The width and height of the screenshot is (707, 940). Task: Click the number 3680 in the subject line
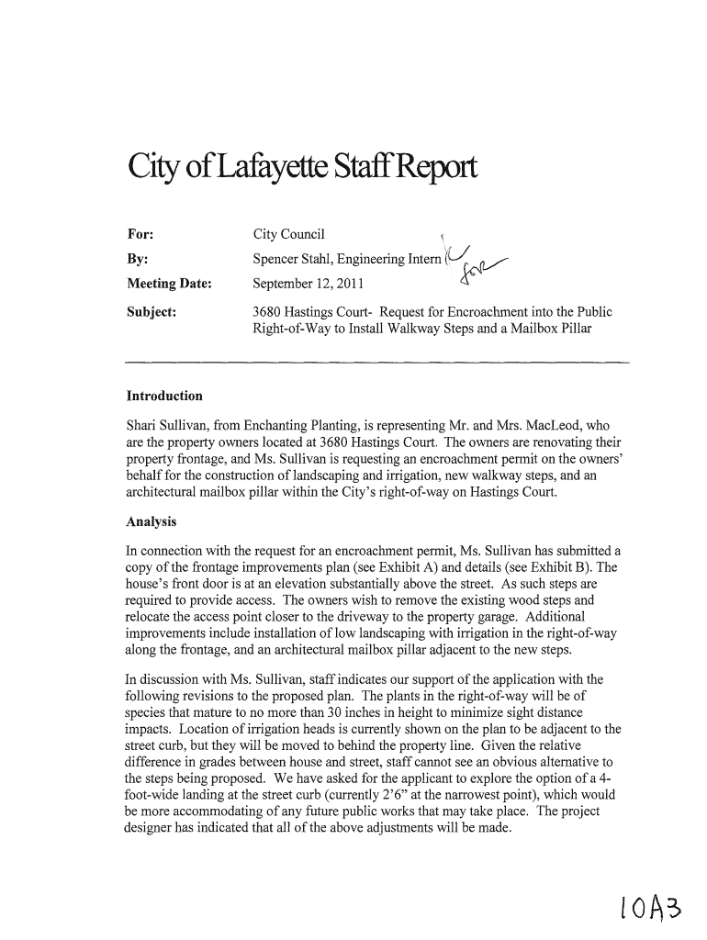pyautogui.click(x=267, y=311)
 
